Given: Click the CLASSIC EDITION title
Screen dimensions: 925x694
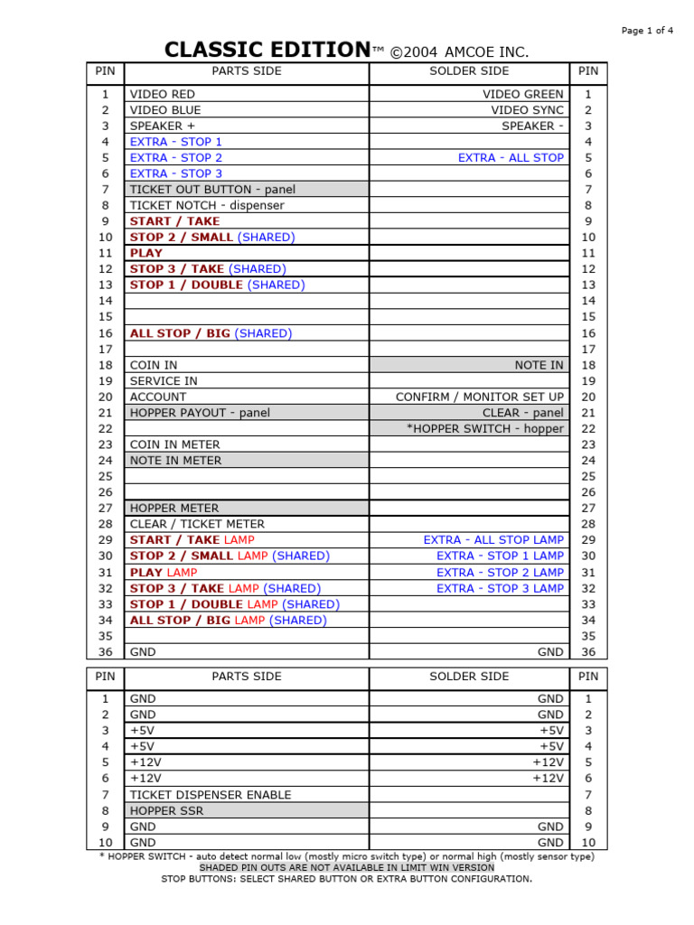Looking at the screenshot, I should (x=267, y=51).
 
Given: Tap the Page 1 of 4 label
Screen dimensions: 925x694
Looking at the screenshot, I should (x=647, y=31).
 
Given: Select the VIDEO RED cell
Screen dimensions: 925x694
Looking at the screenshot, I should (x=163, y=94).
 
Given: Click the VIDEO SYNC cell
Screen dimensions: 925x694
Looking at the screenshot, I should (x=527, y=110).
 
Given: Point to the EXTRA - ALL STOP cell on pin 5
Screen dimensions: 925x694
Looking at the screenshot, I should (x=511, y=158).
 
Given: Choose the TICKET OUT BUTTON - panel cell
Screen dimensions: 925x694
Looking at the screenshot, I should (x=212, y=190).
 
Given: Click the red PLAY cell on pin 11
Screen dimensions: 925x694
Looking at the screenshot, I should (x=146, y=253).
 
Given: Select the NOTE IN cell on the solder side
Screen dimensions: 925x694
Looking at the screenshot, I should (x=539, y=365).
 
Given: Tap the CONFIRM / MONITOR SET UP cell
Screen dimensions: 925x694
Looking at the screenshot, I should (x=479, y=397).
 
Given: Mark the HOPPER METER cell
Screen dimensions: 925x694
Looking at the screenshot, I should (x=174, y=509).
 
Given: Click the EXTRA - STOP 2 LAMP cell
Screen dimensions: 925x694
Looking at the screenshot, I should (x=500, y=573).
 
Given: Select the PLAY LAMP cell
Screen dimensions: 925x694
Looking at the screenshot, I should (x=164, y=573).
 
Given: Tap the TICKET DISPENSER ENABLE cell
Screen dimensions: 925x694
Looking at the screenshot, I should (x=211, y=795).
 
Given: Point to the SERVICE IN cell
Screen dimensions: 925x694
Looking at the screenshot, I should (x=164, y=381).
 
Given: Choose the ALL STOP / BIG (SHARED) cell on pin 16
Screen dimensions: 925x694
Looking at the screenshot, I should (x=211, y=333).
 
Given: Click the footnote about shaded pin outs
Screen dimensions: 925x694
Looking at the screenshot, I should (x=347, y=867).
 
